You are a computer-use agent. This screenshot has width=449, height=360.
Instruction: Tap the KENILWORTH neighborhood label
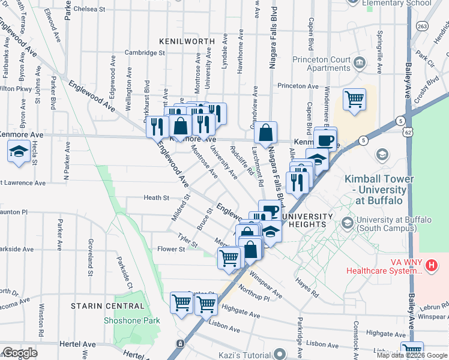point(187,41)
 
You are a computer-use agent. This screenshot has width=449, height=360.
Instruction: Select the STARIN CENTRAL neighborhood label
point(107,306)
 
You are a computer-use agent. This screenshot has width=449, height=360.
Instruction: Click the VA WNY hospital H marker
point(430,265)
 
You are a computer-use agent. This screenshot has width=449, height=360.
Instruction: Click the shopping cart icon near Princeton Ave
point(354,99)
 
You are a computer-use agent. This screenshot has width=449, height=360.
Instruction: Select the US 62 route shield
point(408,130)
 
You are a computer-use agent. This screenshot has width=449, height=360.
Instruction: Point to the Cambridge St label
point(145,53)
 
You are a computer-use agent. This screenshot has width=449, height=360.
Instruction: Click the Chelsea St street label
point(89,10)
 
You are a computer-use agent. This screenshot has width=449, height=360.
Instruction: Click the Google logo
point(20,353)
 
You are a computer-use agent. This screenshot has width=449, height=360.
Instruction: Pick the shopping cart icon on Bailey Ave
point(412,351)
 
